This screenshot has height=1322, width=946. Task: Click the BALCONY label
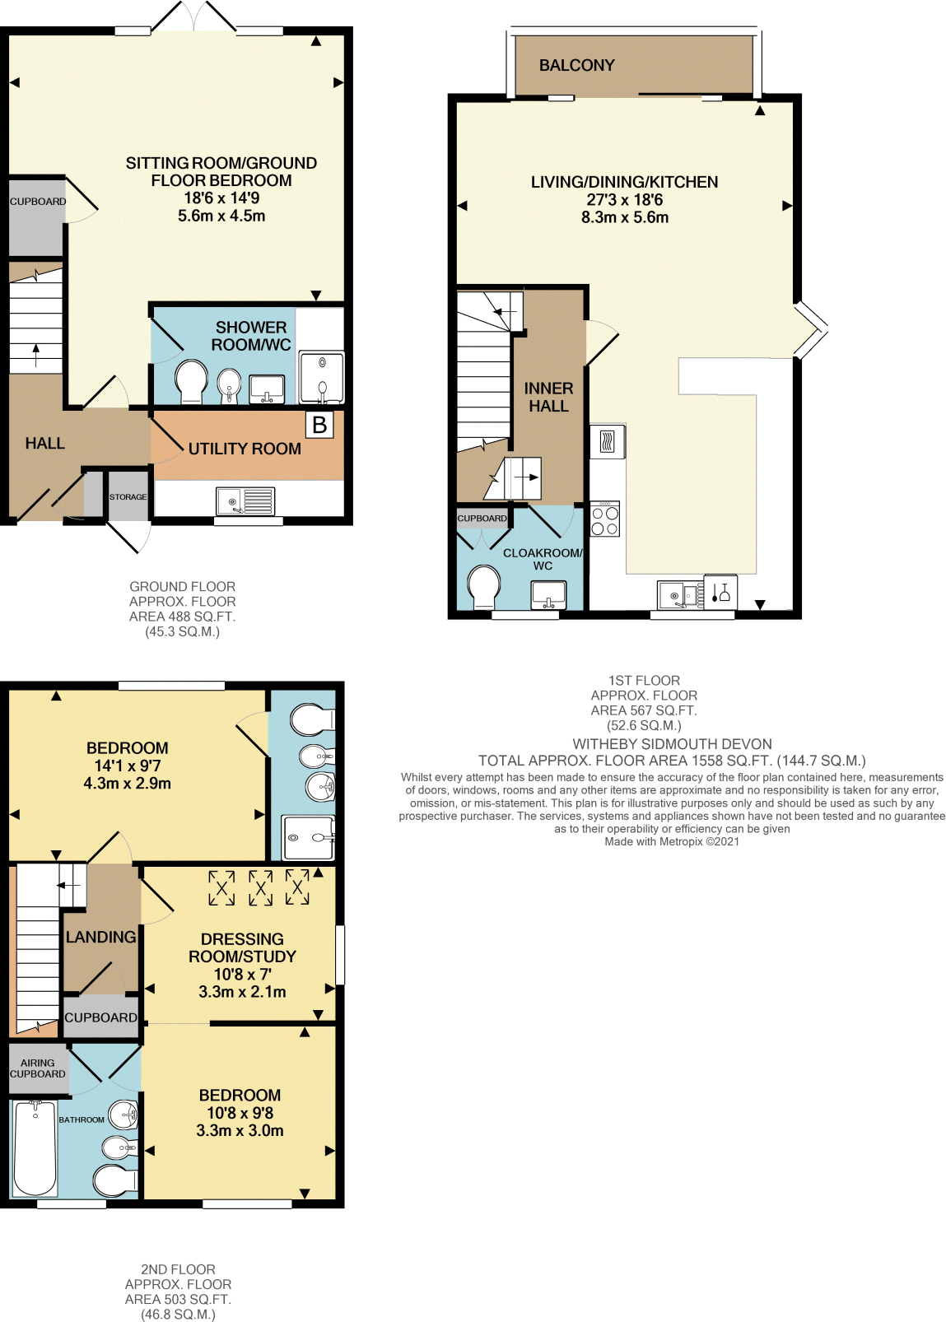pyautogui.click(x=576, y=65)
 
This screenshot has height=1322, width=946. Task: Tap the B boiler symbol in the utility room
pyautogui.click(x=319, y=425)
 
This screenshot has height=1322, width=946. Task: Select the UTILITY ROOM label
pyautogui.click(x=245, y=449)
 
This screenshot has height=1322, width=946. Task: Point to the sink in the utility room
pyautogui.click(x=245, y=500)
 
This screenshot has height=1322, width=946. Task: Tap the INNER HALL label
pyautogui.click(x=548, y=397)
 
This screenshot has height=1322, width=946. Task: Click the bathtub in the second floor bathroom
pyautogui.click(x=35, y=1147)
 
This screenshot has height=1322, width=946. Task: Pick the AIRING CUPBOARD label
pyautogui.click(x=37, y=1068)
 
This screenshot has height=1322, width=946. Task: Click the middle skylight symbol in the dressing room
pyautogui.click(x=260, y=888)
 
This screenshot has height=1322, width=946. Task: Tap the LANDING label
pyautogui.click(x=100, y=937)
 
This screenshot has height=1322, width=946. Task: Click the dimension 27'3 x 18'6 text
pyautogui.click(x=624, y=200)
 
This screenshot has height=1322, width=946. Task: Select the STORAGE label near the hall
pyautogui.click(x=128, y=497)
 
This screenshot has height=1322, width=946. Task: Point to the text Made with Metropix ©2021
pyautogui.click(x=672, y=841)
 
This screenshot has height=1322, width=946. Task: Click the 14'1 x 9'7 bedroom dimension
pyautogui.click(x=127, y=766)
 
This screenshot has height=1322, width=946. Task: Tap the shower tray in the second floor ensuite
pyautogui.click(x=308, y=837)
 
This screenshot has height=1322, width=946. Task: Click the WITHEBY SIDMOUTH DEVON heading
pyautogui.click(x=672, y=744)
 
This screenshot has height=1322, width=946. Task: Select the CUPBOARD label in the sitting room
pyautogui.click(x=38, y=202)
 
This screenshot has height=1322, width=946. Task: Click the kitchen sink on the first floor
pyautogui.click(x=680, y=594)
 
